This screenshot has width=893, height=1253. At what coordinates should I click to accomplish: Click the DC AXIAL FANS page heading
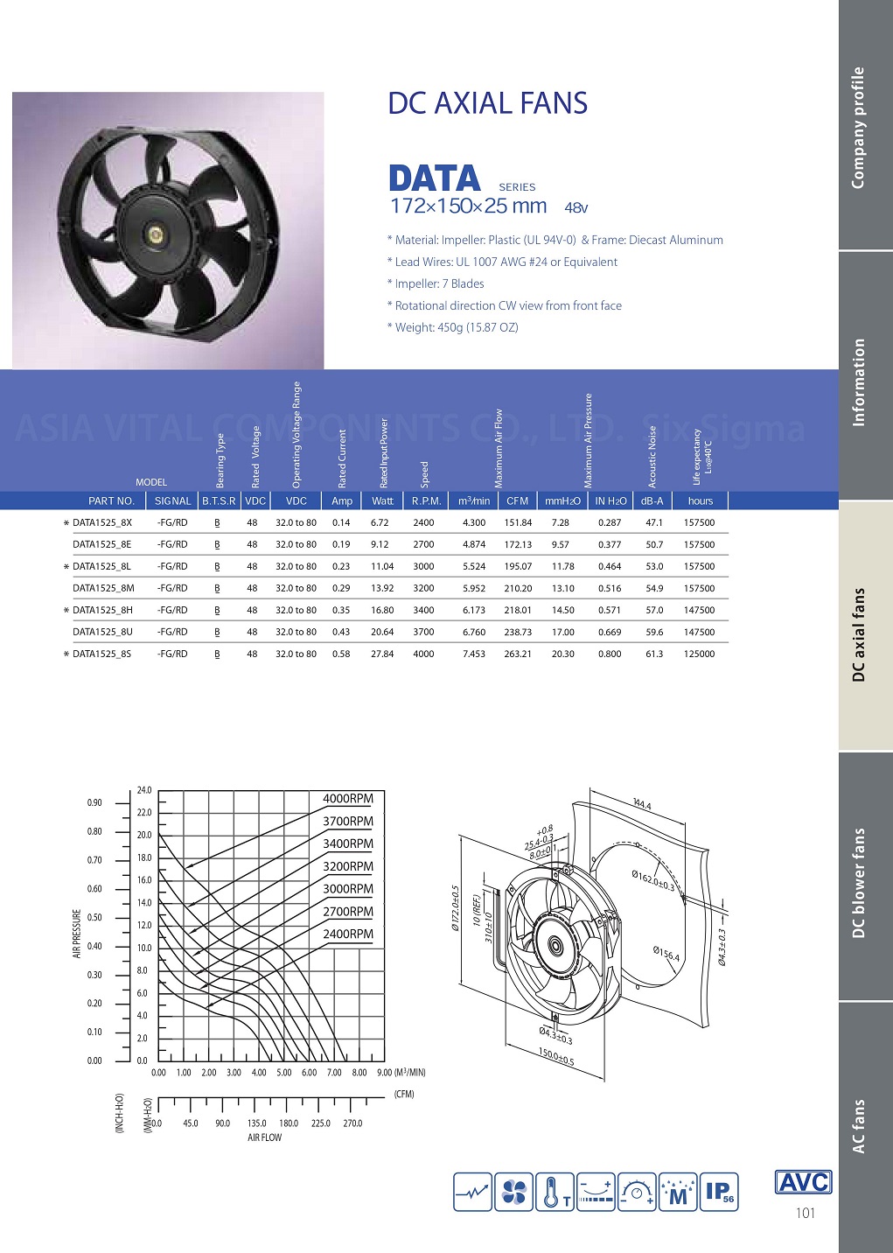coord(487,103)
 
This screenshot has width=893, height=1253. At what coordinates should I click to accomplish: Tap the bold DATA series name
coord(435,179)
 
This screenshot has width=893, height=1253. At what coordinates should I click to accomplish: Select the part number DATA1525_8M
coord(103,588)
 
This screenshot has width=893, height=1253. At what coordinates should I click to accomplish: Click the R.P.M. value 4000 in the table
coord(423,654)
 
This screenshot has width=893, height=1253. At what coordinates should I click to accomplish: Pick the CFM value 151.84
coord(518,522)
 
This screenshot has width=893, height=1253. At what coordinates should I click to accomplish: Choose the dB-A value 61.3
coord(654,654)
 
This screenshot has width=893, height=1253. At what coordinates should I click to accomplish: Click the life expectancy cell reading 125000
coord(699,654)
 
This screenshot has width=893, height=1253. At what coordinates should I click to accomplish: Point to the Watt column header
coord(382,501)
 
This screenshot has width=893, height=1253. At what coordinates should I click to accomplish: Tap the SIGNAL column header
coord(172,501)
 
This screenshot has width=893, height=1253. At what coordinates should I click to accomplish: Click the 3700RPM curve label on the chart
coord(347,822)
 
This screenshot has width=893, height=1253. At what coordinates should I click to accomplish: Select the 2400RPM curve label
coord(347,934)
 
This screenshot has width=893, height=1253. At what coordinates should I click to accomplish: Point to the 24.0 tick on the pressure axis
coord(144,790)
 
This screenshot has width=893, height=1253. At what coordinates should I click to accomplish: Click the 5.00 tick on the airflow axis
coord(284,1073)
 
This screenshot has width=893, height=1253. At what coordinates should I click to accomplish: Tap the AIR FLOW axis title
coord(264,1137)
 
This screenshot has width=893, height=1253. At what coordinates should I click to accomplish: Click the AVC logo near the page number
coord(803,1182)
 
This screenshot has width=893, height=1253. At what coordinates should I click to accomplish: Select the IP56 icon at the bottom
coord(720,1192)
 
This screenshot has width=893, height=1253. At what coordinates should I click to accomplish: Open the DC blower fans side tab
coord(859,883)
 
